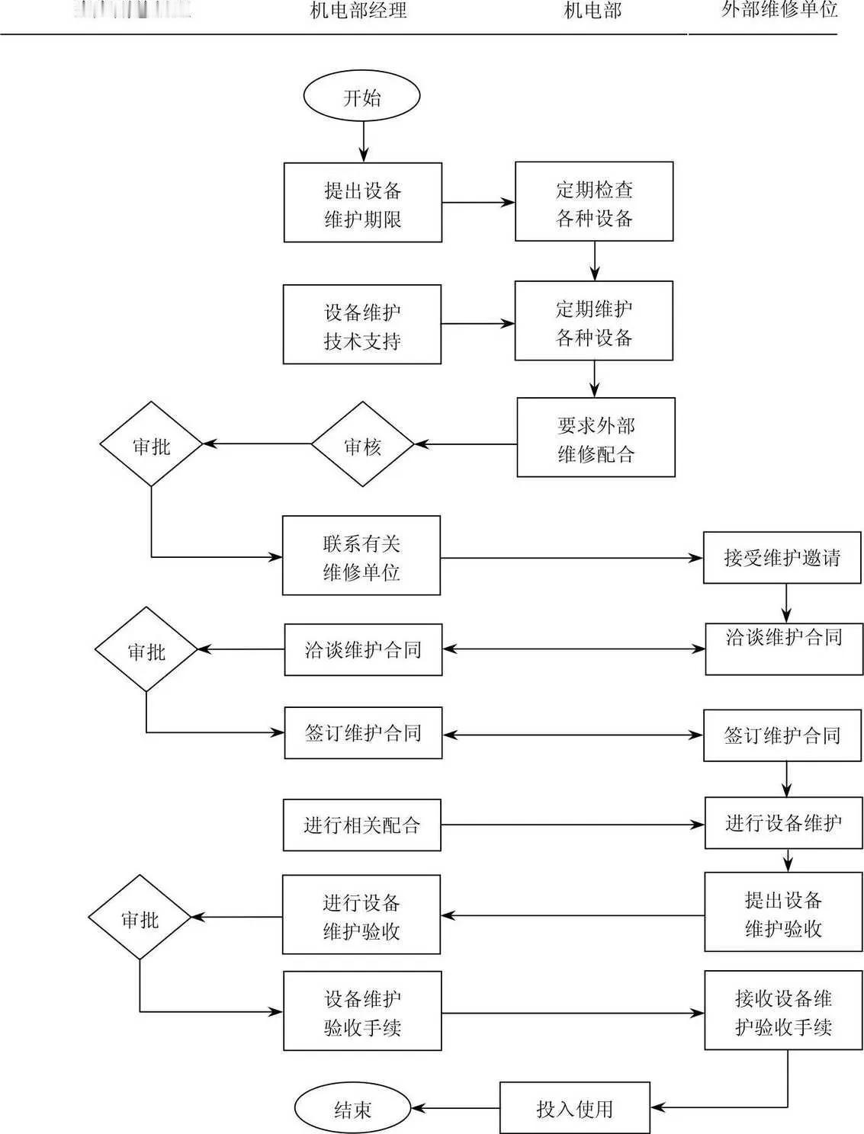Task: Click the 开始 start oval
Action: [x=362, y=98]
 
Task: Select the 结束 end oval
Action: [x=352, y=1109]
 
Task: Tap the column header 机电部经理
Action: [x=358, y=11]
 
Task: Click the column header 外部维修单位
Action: [x=779, y=10]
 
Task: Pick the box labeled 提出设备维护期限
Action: [x=363, y=203]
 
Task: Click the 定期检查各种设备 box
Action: [x=594, y=202]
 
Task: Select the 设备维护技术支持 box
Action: [x=362, y=325]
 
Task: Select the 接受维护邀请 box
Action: [x=782, y=558]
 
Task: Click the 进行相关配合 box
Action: [x=362, y=825]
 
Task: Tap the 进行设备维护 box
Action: [x=783, y=823]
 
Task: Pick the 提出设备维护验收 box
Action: [x=783, y=912]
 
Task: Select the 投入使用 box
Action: [x=575, y=1108]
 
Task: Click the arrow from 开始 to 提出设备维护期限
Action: [x=363, y=142]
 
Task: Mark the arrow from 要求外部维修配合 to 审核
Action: [x=465, y=444]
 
